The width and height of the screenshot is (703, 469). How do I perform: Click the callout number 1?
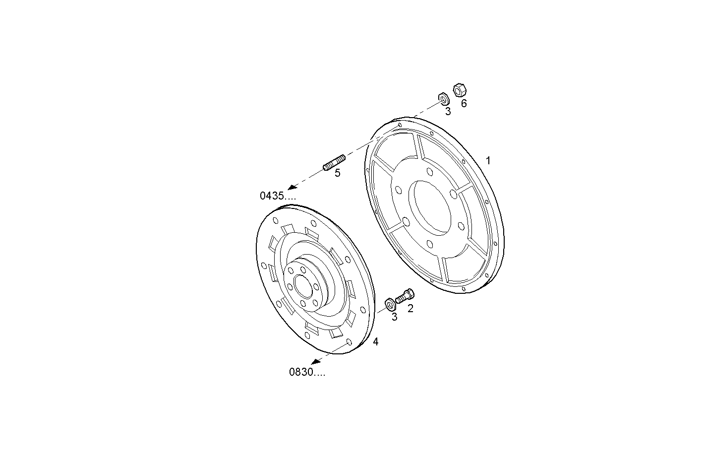pyautogui.click(x=488, y=160)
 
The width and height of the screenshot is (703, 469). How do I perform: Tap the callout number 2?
pyautogui.click(x=410, y=309)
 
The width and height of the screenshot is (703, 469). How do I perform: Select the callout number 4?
pyautogui.click(x=376, y=341)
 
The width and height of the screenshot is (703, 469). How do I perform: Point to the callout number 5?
pyautogui.click(x=338, y=173)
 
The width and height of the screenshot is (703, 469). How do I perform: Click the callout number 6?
pyautogui.click(x=464, y=103)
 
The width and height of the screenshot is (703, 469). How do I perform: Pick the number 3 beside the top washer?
pyautogui.click(x=448, y=111)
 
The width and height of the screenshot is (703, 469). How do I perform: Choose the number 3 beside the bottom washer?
pyautogui.click(x=394, y=317)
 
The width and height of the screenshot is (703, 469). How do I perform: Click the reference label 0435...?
pyautogui.click(x=278, y=196)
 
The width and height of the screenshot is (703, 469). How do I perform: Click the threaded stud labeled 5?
pyautogui.click(x=334, y=162)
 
